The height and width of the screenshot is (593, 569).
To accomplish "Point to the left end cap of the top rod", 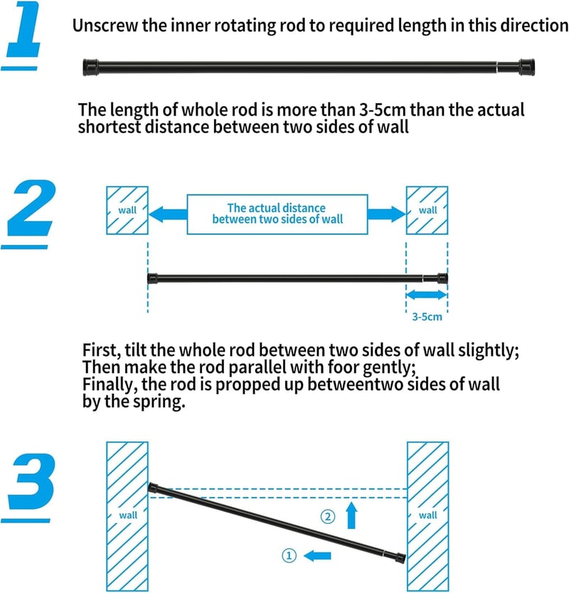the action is point(90,68).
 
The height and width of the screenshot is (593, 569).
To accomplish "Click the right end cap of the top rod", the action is point(527,68).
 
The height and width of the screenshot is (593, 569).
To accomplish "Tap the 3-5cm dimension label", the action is point(427,317).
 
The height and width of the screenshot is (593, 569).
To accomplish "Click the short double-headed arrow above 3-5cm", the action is point(427,295).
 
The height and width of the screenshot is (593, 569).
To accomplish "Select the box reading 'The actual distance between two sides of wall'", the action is point(277,214).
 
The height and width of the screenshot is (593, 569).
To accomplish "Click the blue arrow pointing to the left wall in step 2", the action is point(168,214).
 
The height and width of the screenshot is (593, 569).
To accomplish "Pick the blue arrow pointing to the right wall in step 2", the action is point(386,214).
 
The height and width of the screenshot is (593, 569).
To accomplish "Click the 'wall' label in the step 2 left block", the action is point(127,210).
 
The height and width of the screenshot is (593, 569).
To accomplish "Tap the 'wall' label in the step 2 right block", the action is point(427,210).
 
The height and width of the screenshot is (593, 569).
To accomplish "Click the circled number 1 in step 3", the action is point(289,555).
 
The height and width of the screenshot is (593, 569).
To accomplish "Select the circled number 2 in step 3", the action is point(328,516).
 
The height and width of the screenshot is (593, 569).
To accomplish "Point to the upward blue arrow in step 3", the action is point(352,515).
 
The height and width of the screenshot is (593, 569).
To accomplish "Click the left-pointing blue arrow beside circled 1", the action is point(317,555).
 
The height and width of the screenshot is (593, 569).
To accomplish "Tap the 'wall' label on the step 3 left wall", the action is point(128,515).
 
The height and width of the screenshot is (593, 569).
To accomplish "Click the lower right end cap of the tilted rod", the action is point(400,558).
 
